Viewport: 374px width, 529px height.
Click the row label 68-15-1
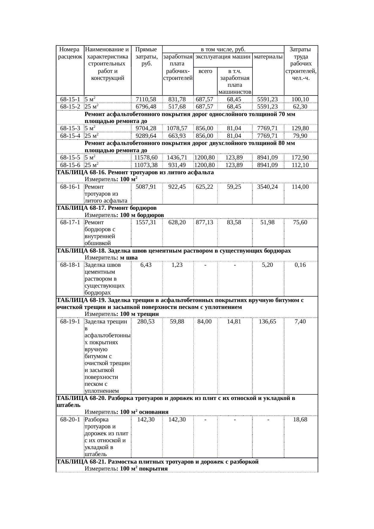click(x=70, y=99)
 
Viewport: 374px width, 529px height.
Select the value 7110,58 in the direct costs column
click(x=146, y=99)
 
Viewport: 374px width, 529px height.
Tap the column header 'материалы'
click(x=268, y=56)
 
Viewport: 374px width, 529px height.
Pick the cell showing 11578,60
click(x=146, y=157)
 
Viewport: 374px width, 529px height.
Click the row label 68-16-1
click(x=70, y=187)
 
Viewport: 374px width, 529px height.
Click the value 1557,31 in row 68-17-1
click(x=146, y=222)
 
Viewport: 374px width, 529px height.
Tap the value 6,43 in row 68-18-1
click(x=146, y=265)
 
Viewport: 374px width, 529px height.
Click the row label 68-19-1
click(x=70, y=322)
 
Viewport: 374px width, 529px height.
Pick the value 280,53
click(x=146, y=322)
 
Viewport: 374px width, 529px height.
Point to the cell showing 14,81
click(x=234, y=322)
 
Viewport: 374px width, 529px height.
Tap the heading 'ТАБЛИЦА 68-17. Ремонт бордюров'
click(x=106, y=208)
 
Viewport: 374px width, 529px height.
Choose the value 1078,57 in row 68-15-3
click(x=177, y=128)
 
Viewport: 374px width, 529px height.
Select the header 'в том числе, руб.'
click(x=223, y=49)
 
